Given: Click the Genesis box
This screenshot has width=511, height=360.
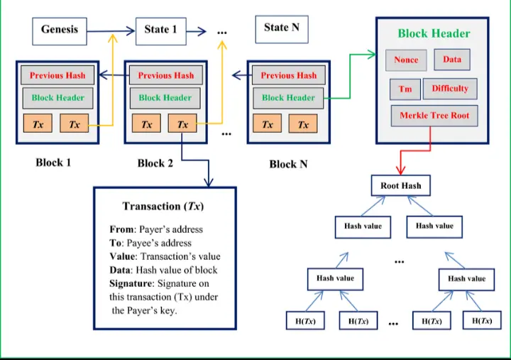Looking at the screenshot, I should coord(60,30).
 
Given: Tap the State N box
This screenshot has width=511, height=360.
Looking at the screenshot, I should coord(281,28).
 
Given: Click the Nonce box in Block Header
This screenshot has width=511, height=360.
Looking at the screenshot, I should coord(406,60).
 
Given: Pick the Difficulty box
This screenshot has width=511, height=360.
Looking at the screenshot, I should coord(450,89).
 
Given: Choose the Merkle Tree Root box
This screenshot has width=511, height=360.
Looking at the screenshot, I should coord(434,115).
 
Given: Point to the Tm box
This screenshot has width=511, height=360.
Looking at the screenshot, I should coord(405,89).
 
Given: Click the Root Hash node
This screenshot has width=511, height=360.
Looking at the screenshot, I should coord(401,186).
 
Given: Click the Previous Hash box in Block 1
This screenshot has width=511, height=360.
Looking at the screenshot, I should coord(57,75).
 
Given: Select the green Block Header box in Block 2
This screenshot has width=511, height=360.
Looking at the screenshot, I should coord(165,98).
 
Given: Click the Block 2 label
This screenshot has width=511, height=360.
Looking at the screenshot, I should coord(155,163).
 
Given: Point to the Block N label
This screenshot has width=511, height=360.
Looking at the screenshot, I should coord(288,164).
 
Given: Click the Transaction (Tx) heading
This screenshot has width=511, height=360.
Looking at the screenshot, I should coord(164,207).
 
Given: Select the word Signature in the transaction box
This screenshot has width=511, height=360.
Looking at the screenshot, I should coord(132,283).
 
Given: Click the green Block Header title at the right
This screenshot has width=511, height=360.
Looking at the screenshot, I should coord(434,33).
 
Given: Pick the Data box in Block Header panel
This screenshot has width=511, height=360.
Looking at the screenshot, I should coord(452,60).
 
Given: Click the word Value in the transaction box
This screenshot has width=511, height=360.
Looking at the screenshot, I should coord(122,256).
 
